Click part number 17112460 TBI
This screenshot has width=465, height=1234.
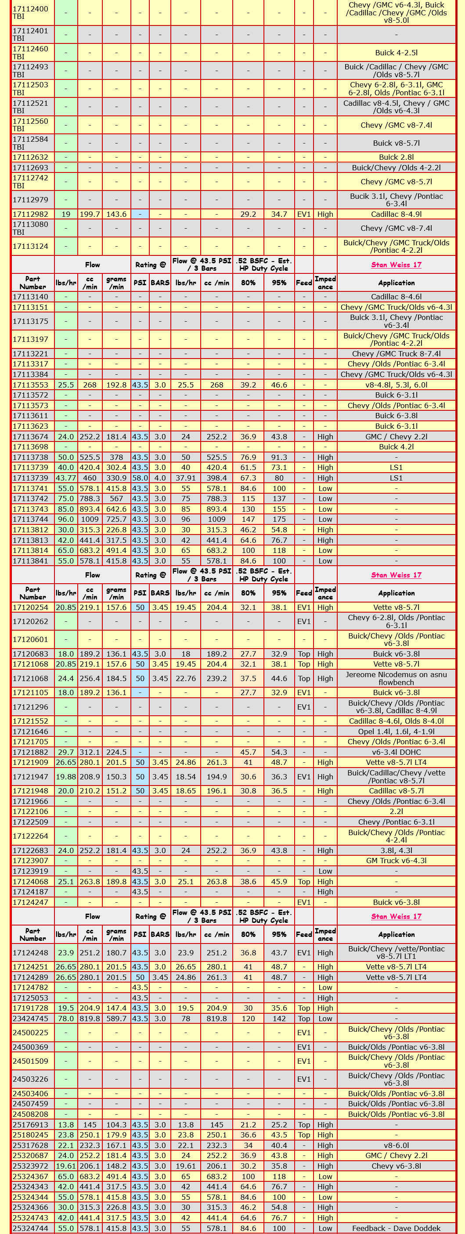click(30, 53)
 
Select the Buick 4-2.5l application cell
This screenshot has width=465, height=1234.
click(396, 53)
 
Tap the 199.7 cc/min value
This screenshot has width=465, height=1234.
click(90, 214)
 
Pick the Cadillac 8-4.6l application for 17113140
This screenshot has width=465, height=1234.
click(396, 297)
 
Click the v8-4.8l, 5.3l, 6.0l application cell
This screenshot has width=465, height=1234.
click(396, 385)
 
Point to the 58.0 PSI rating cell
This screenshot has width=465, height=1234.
click(140, 478)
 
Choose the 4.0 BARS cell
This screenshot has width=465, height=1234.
click(160, 478)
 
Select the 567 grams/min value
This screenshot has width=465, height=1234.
click(116, 499)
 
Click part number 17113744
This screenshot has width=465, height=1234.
click(30, 519)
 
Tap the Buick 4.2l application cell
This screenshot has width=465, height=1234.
click(396, 447)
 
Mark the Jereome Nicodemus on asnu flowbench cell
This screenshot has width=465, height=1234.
click(396, 678)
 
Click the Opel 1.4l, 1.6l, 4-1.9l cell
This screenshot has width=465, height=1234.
click(396, 732)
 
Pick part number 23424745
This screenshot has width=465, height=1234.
click(30, 1019)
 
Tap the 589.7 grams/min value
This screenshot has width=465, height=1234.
click(116, 1019)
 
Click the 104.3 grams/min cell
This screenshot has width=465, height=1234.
click(116, 1125)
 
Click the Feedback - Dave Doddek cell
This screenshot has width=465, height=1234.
click(396, 1228)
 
